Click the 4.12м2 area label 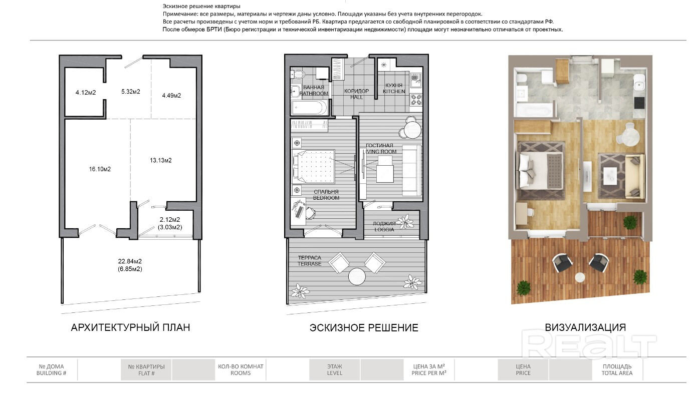pyautogui.click(x=86, y=93)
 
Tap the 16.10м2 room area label pyautogui.click(x=100, y=169)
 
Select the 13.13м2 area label pyautogui.click(x=160, y=160)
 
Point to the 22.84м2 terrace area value pyautogui.click(x=130, y=261)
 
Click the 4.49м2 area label pyautogui.click(x=171, y=96)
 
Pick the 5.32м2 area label pyautogui.click(x=131, y=92)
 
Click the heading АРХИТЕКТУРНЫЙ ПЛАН pyautogui.click(x=131, y=327)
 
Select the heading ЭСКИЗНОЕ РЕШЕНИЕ pyautogui.click(x=364, y=328)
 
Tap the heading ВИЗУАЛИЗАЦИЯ pyautogui.click(x=585, y=327)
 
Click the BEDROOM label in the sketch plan pyautogui.click(x=326, y=198)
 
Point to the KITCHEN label pyautogui.click(x=394, y=92)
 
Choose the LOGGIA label pyautogui.click(x=384, y=230)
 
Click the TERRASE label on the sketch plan pyautogui.click(x=309, y=264)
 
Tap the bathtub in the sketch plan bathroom pyautogui.click(x=309, y=108)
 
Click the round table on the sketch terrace pyautogui.click(x=357, y=276)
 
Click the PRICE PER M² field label pyautogui.click(x=429, y=373)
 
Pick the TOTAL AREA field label pyautogui.click(x=617, y=373)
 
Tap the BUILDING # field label pyautogui.click(x=51, y=373)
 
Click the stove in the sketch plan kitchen pyautogui.click(x=416, y=100)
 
